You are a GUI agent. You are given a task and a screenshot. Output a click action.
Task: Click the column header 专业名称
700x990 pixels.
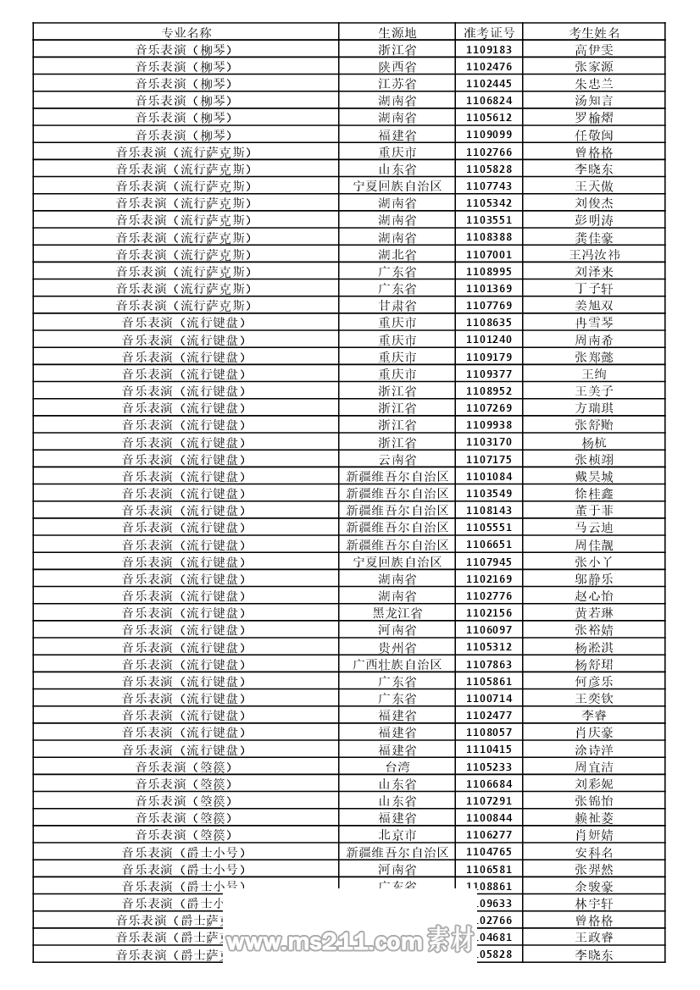186,32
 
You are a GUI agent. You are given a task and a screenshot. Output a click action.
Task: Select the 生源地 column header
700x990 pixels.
397,32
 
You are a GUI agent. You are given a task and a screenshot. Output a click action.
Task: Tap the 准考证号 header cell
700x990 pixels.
489,32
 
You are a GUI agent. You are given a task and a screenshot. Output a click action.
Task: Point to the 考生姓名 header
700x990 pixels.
594,32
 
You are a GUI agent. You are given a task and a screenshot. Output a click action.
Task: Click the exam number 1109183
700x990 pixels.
489,50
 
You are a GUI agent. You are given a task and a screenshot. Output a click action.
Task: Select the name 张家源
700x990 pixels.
594,67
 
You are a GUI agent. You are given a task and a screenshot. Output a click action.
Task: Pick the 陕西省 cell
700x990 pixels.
397,67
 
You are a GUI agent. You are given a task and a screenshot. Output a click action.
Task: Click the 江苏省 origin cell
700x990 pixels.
397,84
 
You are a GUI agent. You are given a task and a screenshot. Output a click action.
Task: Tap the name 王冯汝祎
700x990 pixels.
594,254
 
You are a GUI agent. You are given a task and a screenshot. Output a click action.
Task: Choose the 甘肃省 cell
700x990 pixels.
397,306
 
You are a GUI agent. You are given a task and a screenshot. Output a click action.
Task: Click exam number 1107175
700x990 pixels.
489,459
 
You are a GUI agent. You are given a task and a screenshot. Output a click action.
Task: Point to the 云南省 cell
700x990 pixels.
397,459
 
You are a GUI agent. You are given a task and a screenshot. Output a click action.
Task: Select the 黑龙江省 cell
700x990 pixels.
397,613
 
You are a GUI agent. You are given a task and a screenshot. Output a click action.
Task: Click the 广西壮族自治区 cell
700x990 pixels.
397,664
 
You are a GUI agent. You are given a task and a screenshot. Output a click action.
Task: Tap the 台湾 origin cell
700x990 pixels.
397,766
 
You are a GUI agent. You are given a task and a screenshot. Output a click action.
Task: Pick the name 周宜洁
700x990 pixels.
594,766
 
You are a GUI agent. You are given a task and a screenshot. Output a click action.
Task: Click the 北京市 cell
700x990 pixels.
397,835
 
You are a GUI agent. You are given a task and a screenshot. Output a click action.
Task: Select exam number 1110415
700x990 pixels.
489,749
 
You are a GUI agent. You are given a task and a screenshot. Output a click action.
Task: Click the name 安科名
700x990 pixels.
594,852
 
